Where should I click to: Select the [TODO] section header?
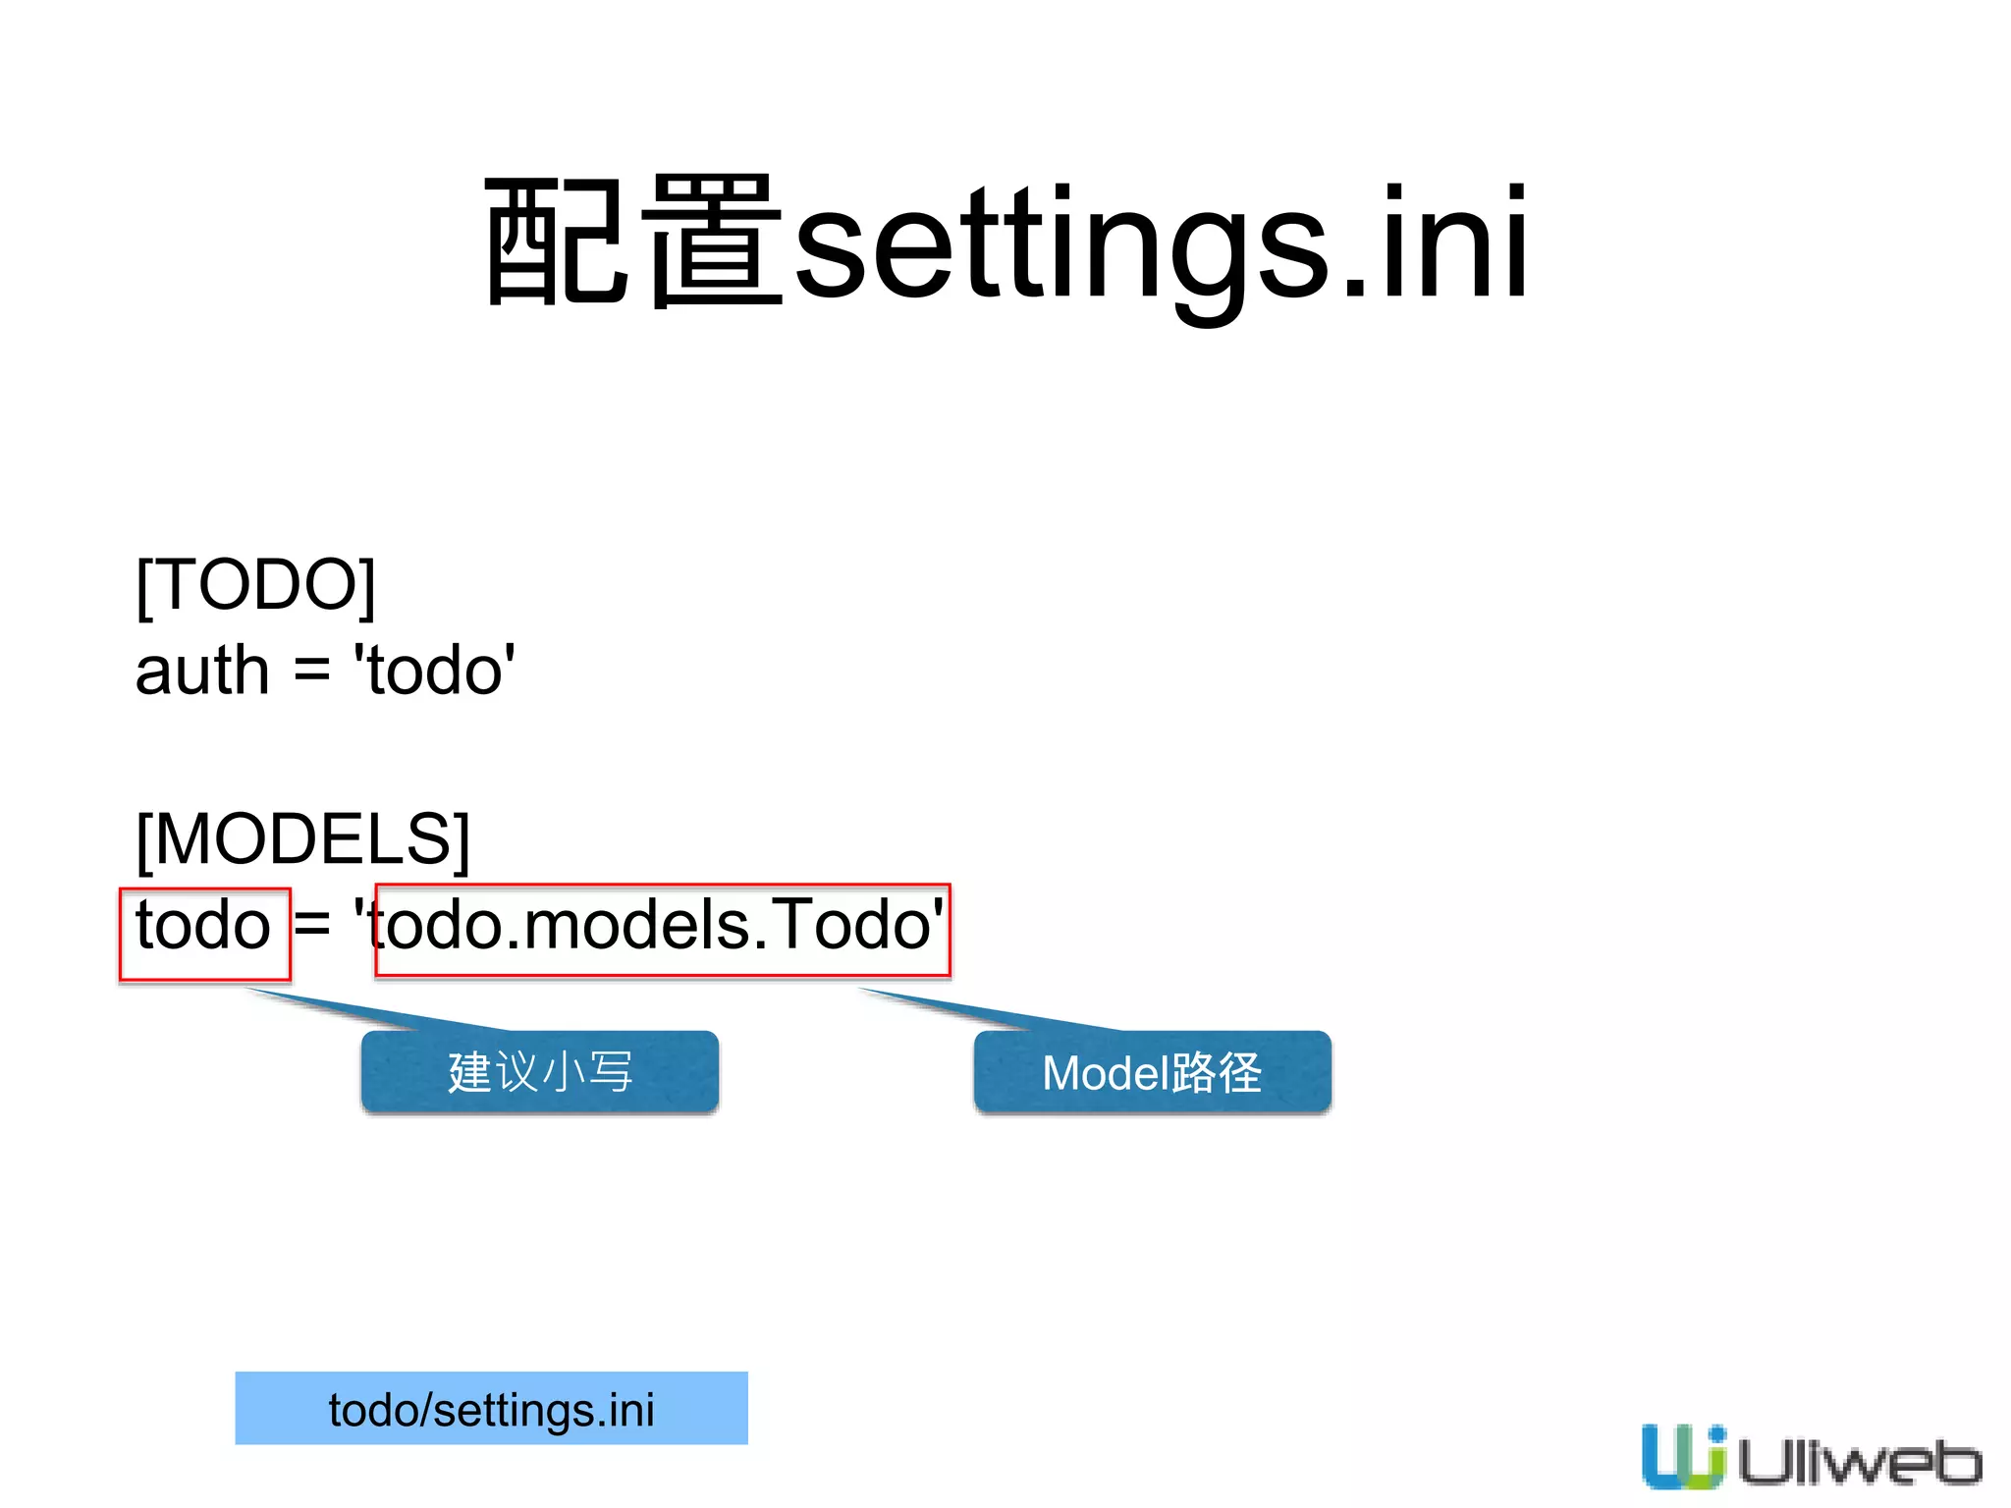click(255, 585)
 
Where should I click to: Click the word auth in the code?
click(202, 672)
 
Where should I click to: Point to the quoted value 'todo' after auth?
click(435, 672)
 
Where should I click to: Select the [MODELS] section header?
click(302, 839)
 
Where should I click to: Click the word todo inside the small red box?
click(203, 927)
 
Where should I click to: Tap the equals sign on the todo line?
click(312, 926)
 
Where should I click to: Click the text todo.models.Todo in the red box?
click(660, 927)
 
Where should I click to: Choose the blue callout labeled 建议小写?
click(540, 1071)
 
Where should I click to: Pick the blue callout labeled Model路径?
click(1152, 1072)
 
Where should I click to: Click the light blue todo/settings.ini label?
click(491, 1409)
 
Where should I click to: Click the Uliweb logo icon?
click(1683, 1456)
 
